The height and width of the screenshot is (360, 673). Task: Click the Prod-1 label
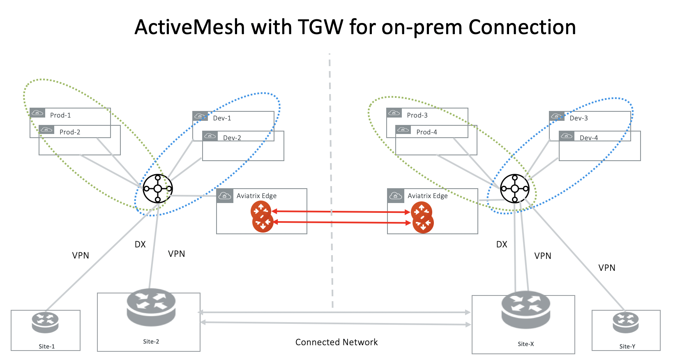pyautogui.click(x=60, y=115)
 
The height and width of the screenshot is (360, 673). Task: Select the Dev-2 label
pyautogui.click(x=232, y=138)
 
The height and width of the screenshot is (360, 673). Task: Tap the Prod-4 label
pyautogui.click(x=426, y=132)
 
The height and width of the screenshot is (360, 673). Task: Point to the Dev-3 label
pyautogui.click(x=579, y=118)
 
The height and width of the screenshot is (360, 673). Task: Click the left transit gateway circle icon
pyautogui.click(x=158, y=189)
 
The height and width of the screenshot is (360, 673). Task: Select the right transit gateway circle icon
pyautogui.click(x=515, y=189)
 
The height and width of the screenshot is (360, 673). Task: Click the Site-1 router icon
pyautogui.click(x=45, y=323)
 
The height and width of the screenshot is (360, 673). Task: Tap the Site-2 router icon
pyautogui.click(x=151, y=307)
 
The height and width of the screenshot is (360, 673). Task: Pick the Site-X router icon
pyautogui.click(x=526, y=310)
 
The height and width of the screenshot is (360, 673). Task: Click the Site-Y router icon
pyautogui.click(x=626, y=323)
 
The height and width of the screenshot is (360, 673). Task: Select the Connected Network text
pyautogui.click(x=336, y=342)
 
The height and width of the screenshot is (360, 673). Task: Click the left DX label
pyautogui.click(x=140, y=244)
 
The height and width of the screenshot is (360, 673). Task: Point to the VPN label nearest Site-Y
pyautogui.click(x=607, y=268)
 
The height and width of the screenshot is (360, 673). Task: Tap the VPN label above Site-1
pyautogui.click(x=81, y=255)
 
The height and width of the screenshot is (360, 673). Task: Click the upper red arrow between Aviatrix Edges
pyautogui.click(x=341, y=212)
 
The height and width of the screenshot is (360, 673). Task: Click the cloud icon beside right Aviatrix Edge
pyautogui.click(x=396, y=196)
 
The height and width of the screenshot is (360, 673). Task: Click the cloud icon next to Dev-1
pyautogui.click(x=200, y=116)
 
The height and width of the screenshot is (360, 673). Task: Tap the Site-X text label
pyautogui.click(x=525, y=344)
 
